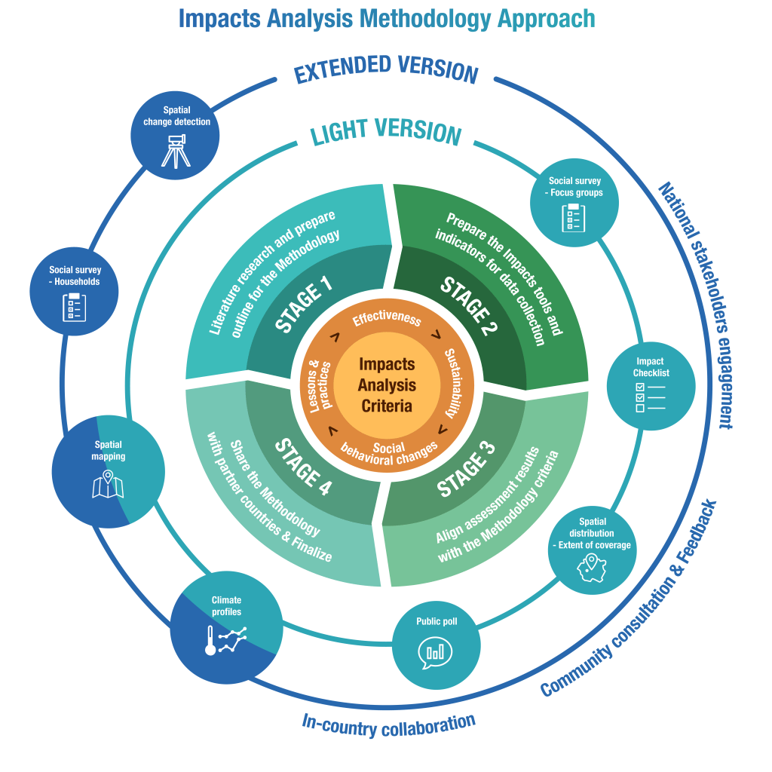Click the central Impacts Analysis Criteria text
tap(386, 384)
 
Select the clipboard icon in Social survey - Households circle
tap(75, 308)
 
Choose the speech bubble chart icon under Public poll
tap(436, 651)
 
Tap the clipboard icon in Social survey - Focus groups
tap(574, 217)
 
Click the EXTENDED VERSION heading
tap(386, 69)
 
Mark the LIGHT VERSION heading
tap(386, 131)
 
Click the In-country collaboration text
tap(388, 725)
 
